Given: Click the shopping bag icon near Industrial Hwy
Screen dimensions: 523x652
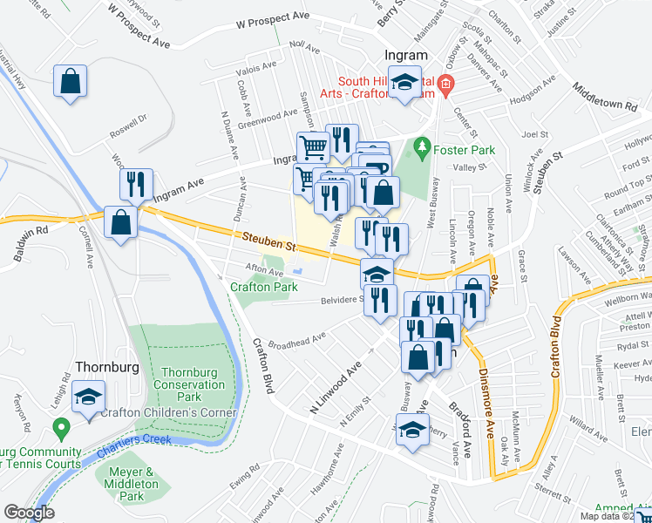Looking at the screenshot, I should click(x=70, y=82).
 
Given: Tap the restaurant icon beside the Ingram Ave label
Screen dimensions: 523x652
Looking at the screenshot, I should click(x=135, y=184).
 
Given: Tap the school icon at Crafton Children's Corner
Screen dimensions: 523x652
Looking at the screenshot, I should click(x=87, y=397).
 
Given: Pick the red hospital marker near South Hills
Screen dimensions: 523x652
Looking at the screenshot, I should click(x=445, y=85).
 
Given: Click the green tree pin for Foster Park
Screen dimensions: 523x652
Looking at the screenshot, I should click(x=424, y=145).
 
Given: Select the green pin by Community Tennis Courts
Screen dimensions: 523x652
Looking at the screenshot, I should click(x=61, y=429).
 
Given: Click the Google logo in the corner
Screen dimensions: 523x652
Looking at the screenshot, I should click(x=29, y=513).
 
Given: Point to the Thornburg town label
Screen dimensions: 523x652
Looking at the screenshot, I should click(x=107, y=367).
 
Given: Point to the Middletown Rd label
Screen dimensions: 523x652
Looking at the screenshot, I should click(x=605, y=98).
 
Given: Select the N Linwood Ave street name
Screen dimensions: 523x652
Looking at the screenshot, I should click(x=336, y=376).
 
